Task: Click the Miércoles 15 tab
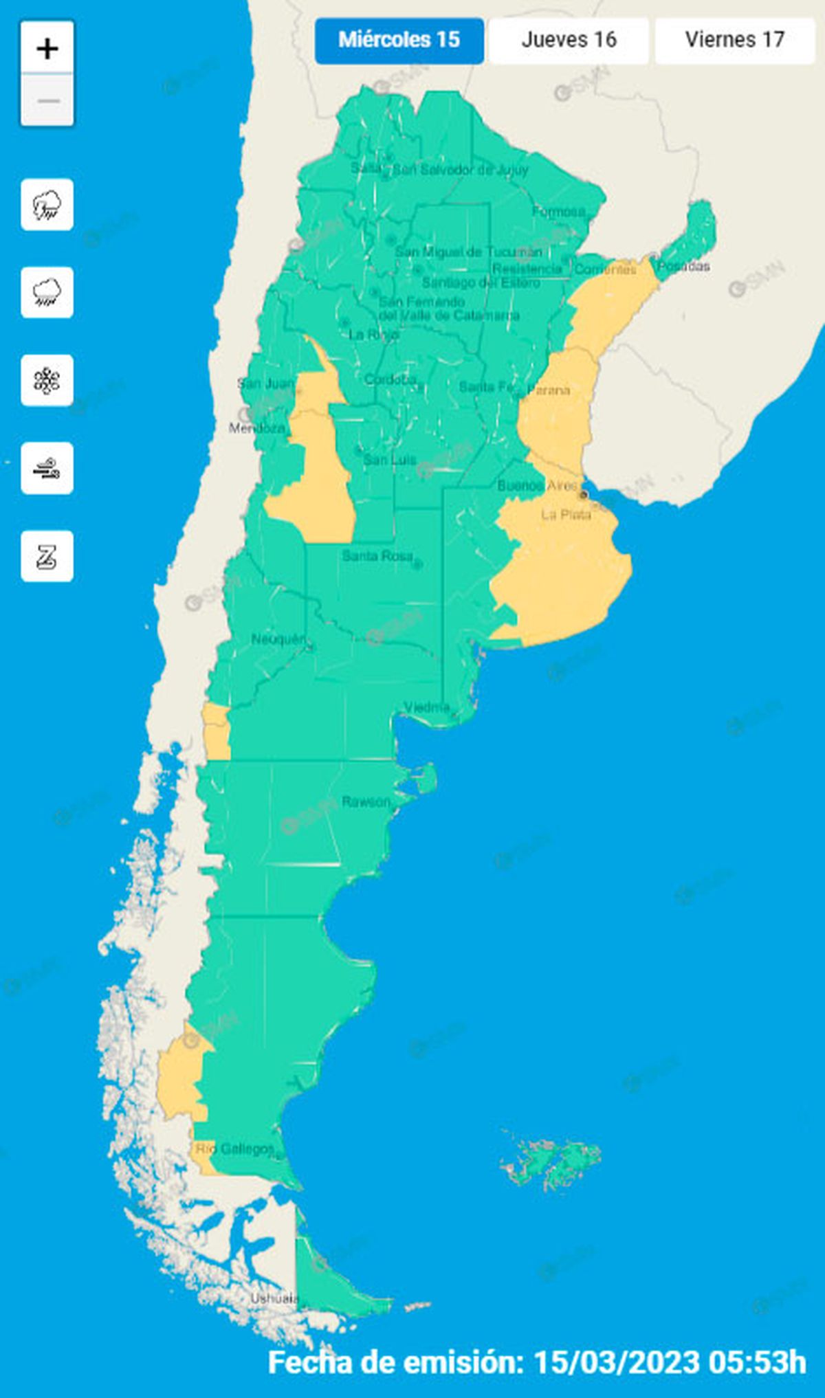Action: coord(399,40)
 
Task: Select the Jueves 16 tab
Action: coord(569,40)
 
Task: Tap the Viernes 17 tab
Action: coord(734,40)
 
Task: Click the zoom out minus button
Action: coord(47,100)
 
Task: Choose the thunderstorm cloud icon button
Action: coord(47,204)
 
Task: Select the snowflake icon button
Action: coord(47,380)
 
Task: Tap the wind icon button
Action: coord(47,468)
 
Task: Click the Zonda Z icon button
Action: coord(47,556)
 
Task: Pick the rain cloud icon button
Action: coord(47,292)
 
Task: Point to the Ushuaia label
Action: coord(274,1298)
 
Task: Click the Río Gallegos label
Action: coord(234,1149)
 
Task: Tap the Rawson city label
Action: coord(366,801)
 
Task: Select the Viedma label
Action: coord(427,707)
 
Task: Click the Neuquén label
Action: coord(278,639)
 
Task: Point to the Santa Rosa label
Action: coord(377,555)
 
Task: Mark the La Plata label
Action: coord(566,514)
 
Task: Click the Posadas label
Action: coord(684,266)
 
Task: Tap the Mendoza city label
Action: coord(256,428)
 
